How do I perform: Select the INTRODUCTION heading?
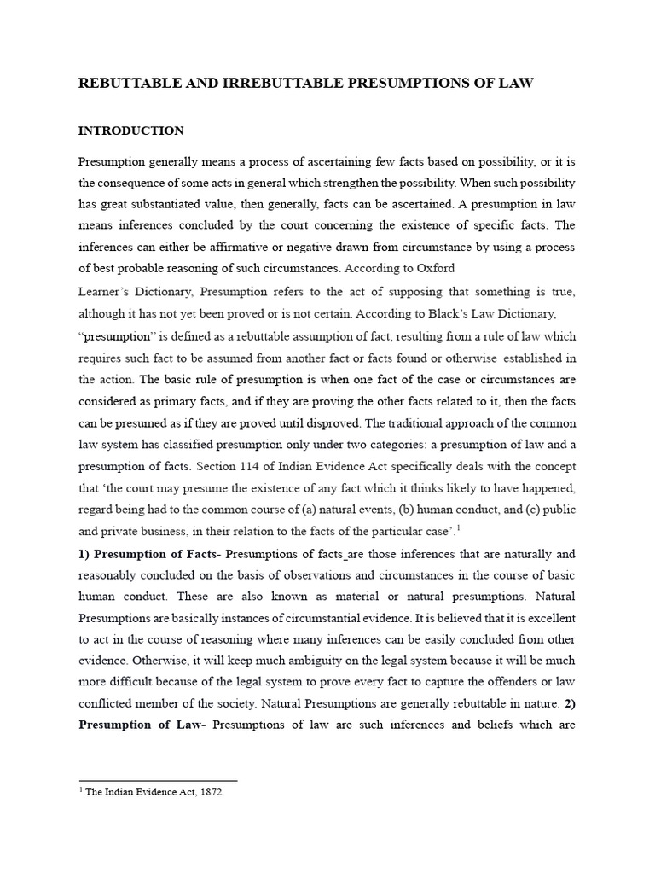[x=130, y=131]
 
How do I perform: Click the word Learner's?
[x=106, y=292]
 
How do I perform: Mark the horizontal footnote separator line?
[x=158, y=780]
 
